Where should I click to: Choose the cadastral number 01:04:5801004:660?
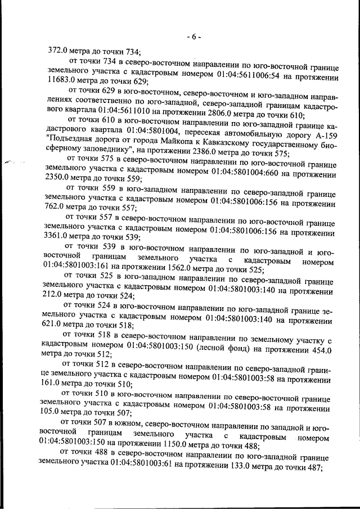254,173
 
